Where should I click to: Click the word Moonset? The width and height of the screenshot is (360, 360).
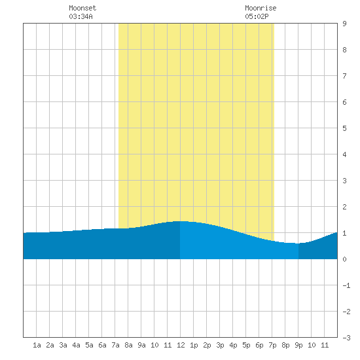pos(82,9)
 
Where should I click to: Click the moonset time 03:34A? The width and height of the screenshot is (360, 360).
pos(81,16)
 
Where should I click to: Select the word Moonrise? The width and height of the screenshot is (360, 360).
pos(261,9)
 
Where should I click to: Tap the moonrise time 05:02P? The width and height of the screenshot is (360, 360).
pos(257,16)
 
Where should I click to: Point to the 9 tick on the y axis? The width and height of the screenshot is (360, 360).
pos(344,24)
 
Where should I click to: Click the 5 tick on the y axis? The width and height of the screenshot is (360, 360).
pos(344,128)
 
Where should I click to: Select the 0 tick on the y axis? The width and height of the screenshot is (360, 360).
pos(344,259)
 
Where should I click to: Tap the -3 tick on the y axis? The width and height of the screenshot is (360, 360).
pos(346,338)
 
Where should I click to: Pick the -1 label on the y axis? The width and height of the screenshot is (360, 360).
pos(346,285)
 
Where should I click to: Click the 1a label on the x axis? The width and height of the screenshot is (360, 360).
pos(37,345)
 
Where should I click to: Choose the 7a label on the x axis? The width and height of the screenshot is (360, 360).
pos(115,345)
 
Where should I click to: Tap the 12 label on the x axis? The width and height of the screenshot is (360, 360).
pos(181,345)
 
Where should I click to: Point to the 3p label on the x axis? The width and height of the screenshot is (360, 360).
pos(220,345)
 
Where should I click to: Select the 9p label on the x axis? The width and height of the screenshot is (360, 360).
pos(298,345)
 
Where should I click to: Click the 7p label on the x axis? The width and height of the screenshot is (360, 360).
pos(272,345)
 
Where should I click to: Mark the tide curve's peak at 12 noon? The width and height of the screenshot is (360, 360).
pos(181,221)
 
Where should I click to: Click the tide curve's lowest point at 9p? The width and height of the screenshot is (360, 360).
pos(298,243)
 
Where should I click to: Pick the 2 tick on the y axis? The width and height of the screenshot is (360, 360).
pos(344,207)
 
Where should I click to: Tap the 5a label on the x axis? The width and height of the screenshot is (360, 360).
pos(89,345)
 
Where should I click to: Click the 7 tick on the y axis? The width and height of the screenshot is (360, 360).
pos(344,76)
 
